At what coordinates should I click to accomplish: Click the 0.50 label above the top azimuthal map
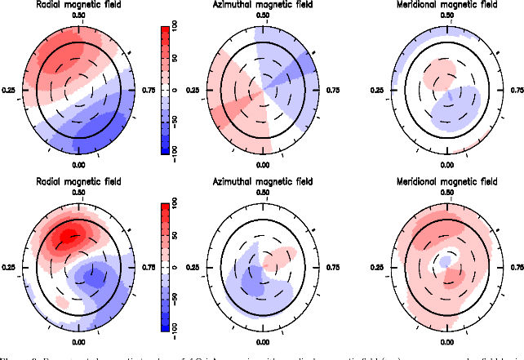[263, 16]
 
